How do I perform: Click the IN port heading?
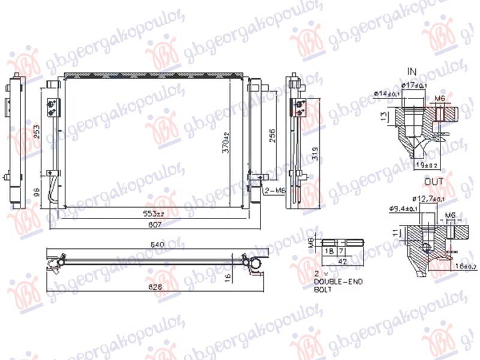click(412, 71)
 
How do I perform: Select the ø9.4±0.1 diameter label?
click(401, 209)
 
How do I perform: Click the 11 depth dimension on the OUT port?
click(394, 232)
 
